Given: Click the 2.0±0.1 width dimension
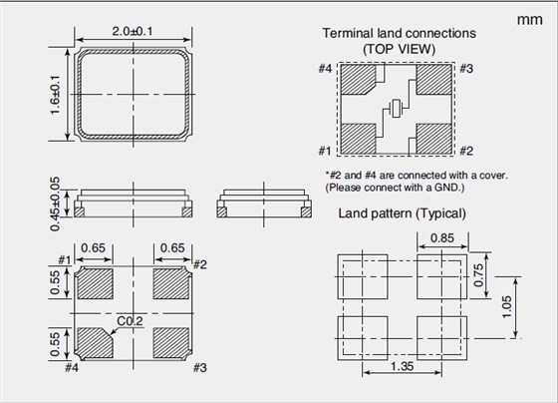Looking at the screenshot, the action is point(133,31).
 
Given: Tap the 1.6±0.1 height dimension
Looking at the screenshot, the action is point(55,95).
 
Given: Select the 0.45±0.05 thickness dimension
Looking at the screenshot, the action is point(55,203).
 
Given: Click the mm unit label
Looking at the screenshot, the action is point(529,20).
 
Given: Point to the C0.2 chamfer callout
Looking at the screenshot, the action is point(130,321).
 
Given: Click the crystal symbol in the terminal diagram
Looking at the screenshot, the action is point(396,108).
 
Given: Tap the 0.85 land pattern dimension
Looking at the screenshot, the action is point(442,238).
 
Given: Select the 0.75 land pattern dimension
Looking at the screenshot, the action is point(479,274).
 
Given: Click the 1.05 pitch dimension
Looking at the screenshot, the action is point(506,306).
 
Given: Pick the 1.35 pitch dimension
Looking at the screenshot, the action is point(403,366).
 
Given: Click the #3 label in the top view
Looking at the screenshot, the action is point(466,69).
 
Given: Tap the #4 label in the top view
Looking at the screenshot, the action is point(325,69).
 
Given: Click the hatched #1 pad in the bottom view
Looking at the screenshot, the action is point(96,283).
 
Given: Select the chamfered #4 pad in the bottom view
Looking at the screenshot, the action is point(95,343).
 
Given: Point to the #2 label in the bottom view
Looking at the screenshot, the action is point(200,264).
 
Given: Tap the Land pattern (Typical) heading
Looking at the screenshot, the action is point(403,213).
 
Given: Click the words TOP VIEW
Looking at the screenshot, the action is point(399,49).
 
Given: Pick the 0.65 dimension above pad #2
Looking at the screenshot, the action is point(172,247).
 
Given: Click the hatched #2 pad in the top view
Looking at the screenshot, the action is point(434,139).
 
